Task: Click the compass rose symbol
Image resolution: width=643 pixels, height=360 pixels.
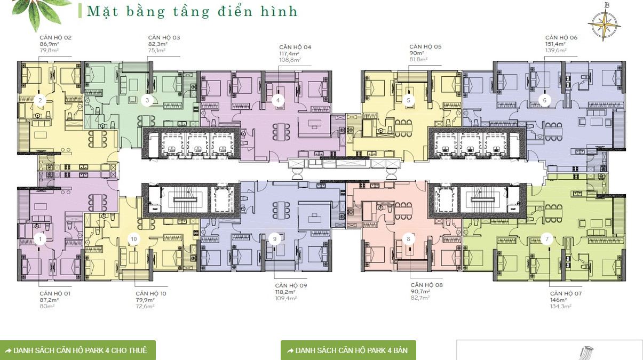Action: (604, 22)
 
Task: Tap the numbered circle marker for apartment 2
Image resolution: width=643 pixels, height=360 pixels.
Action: (40, 100)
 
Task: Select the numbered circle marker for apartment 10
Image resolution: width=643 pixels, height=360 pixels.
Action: (134, 239)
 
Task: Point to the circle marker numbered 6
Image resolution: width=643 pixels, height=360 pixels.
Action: (544, 100)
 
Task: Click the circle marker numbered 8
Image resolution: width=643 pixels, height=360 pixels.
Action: (408, 239)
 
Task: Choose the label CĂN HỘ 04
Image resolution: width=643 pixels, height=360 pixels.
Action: (295, 47)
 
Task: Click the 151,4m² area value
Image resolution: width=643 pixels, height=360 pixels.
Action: (555, 44)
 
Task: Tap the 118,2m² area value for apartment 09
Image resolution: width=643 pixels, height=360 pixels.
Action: (285, 292)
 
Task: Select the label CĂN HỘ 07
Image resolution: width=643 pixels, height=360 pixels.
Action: (566, 293)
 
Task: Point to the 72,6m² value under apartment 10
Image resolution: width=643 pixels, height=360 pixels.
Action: (145, 306)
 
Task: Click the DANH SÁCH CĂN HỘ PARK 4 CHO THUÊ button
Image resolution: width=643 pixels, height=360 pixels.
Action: (78, 350)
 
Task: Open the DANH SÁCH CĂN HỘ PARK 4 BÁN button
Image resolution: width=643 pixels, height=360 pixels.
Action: (348, 350)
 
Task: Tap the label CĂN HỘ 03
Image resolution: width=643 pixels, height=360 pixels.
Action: (164, 37)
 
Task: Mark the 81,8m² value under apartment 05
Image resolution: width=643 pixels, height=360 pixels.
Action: (418, 59)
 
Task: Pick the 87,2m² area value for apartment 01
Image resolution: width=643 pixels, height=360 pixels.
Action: (49, 300)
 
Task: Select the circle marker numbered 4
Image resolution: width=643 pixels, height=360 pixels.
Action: (277, 100)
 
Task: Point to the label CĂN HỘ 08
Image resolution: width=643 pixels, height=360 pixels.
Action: (426, 285)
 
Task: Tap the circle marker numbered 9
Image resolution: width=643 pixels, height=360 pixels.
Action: (275, 239)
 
